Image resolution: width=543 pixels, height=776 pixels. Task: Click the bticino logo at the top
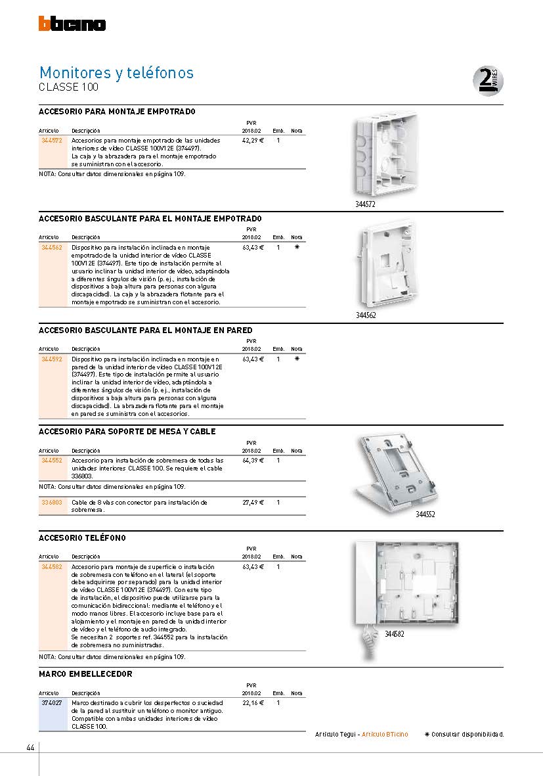click(x=72, y=24)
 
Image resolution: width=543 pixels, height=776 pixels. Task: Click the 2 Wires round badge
click(x=488, y=81)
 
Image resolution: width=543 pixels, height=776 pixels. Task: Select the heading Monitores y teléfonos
click(x=116, y=72)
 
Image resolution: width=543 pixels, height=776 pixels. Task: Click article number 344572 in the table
click(x=51, y=141)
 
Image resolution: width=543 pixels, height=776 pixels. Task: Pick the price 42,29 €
click(x=253, y=141)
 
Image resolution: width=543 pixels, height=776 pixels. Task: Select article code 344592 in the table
click(x=51, y=359)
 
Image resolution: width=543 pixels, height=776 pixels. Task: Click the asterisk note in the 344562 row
click(x=297, y=247)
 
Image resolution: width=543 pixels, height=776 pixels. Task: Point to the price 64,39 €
click(x=253, y=461)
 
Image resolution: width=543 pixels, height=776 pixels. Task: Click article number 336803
click(x=51, y=502)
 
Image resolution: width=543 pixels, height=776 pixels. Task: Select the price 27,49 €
click(x=253, y=502)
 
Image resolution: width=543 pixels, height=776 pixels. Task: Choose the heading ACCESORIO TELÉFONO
click(x=82, y=538)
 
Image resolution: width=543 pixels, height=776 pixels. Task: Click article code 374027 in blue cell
click(x=51, y=703)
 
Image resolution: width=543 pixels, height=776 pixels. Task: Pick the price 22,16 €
click(x=253, y=703)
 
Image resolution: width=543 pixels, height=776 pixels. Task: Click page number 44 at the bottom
click(x=30, y=748)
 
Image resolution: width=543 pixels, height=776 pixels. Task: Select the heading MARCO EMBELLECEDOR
click(x=85, y=674)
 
